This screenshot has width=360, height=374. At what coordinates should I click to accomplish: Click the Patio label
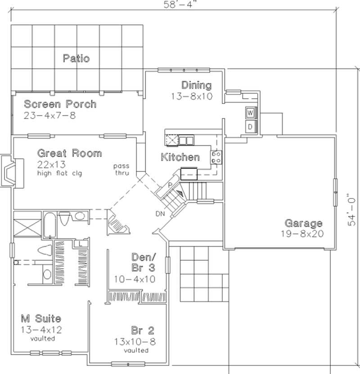[76, 58]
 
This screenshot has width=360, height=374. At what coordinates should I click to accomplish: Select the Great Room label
[69, 153]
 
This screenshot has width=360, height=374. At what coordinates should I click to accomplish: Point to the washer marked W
[251, 112]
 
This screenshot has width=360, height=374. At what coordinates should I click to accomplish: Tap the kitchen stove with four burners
[216, 157]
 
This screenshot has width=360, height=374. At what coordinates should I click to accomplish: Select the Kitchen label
[180, 157]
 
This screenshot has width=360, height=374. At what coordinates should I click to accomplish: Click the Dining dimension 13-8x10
[191, 96]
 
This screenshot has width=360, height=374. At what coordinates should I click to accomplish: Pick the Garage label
[303, 223]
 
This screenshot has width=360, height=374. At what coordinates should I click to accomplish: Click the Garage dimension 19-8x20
[303, 234]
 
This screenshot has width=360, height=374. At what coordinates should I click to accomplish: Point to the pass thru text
[121, 169]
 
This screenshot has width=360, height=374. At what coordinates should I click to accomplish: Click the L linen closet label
[80, 243]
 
